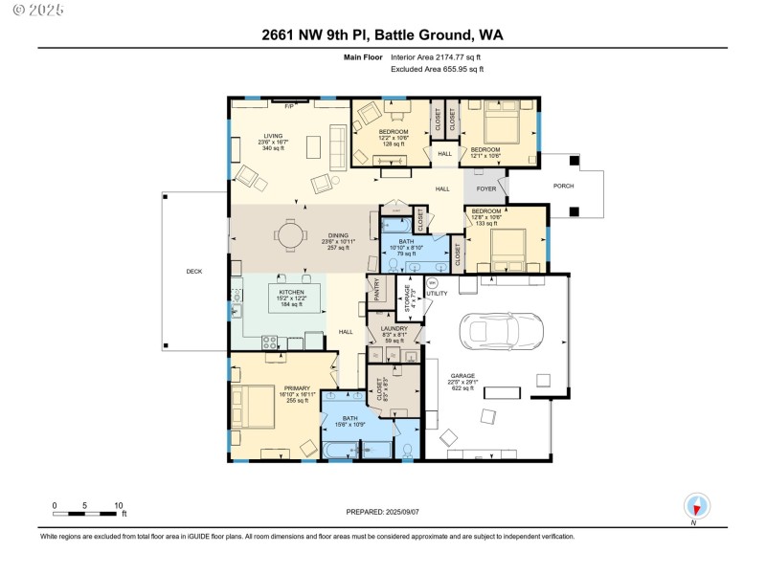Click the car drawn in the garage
click(502, 331)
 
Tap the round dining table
click(290, 232)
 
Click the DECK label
click(194, 272)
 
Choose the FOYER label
click(486, 189)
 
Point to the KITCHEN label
click(292, 291)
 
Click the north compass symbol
click(697, 506)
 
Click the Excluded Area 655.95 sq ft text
click(439, 69)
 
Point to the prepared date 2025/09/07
click(382, 513)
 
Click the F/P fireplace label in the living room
click(288, 105)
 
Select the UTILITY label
click(436, 293)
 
